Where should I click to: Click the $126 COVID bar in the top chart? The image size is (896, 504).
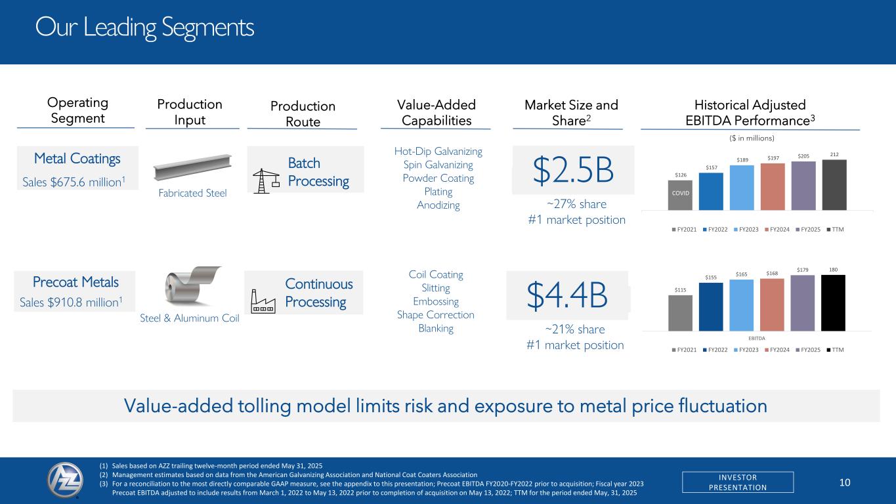tap(680, 195)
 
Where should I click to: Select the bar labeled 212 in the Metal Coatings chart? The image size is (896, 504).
tap(834, 184)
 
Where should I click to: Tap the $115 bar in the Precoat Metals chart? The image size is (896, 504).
tap(680, 313)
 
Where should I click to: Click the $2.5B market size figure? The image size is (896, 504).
tap(573, 170)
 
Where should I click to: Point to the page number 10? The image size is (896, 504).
tap(845, 482)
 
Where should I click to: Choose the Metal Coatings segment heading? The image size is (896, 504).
tap(77, 159)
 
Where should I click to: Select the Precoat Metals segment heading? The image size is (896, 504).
tap(77, 282)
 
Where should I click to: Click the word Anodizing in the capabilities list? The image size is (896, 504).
tap(438, 205)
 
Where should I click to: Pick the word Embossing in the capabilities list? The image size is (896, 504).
tap(435, 301)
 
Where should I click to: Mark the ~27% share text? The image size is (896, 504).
tap(577, 203)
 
